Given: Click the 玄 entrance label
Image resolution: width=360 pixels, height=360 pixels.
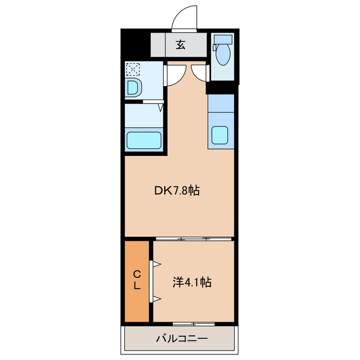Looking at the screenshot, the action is click(181, 44).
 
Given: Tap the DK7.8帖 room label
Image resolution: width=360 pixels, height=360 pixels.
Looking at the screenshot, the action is click(177, 191).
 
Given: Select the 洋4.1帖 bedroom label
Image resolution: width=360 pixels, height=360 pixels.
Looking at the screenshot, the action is click(192, 282).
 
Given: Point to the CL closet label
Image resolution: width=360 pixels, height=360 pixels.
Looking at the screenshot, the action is click(137, 280).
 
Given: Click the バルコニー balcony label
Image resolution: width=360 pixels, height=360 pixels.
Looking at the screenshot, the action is click(182, 339).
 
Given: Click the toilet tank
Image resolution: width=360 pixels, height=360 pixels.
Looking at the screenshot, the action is click(223, 39).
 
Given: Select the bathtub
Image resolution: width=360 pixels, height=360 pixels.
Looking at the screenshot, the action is click(144, 140).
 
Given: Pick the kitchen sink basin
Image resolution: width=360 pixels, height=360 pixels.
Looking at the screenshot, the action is click(220, 135).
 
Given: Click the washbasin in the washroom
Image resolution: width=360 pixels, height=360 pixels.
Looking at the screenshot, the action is click(133, 88).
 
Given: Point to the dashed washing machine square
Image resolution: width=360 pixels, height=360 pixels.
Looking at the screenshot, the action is click(133, 69).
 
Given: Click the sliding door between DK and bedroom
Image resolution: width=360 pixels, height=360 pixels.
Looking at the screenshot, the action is click(193, 238).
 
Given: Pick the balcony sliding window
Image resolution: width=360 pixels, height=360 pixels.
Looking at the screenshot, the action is click(193, 324).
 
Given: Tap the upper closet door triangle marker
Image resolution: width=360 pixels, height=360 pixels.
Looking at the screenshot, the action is click(157, 264).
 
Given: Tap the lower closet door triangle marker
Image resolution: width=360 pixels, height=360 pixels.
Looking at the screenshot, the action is click(157, 299).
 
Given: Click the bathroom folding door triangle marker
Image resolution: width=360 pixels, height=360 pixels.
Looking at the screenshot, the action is click(161, 107).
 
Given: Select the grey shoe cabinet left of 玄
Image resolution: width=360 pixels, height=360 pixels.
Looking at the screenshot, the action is click(158, 45).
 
